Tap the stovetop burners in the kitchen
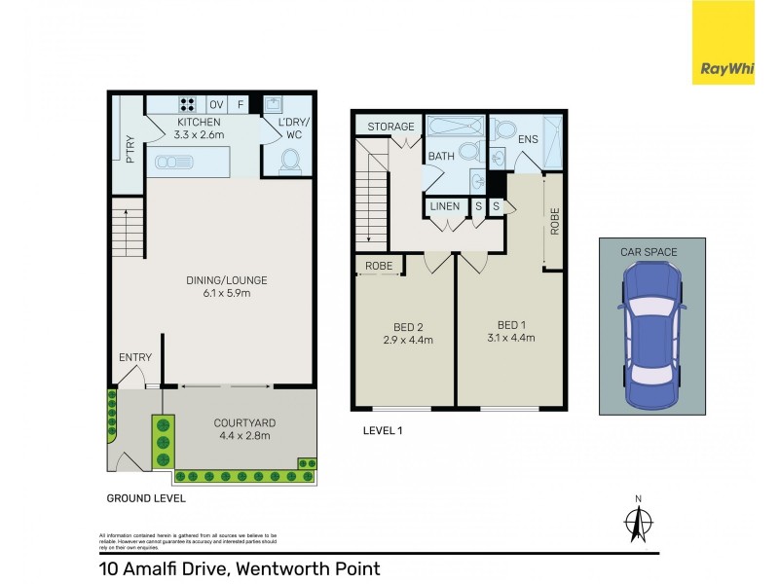click(186, 103)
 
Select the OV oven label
click(216, 104)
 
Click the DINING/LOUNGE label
click(226, 280)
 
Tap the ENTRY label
click(134, 357)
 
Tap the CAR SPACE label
click(649, 252)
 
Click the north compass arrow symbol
click(639, 523)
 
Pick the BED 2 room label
click(407, 325)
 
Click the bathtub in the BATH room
click(456, 128)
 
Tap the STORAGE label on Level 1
click(390, 127)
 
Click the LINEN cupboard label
click(445, 205)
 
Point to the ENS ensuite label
click(528, 140)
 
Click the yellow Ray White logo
click(723, 41)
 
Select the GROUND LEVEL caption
click(146, 497)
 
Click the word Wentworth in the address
click(281, 568)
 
